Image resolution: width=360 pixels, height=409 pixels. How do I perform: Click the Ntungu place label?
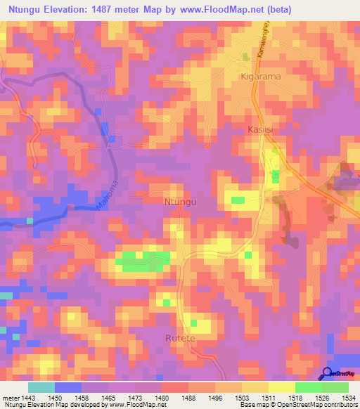pyautogui.click(x=179, y=202)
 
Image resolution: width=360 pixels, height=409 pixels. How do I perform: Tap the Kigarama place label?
pyautogui.click(x=262, y=76)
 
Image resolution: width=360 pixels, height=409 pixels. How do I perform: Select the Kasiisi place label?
pyautogui.click(x=261, y=130)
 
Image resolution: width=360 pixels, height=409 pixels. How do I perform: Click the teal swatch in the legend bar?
pyautogui.click(x=41, y=387)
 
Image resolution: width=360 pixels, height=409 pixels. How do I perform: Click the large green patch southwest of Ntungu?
pyautogui.click(x=146, y=261)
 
